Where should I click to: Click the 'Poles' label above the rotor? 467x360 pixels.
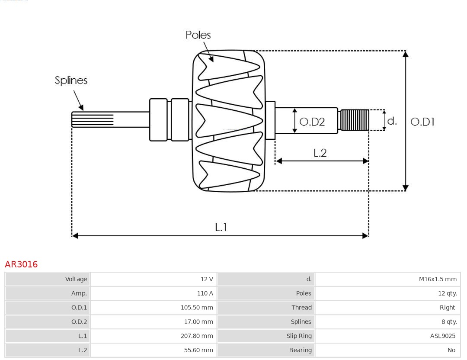(x=198, y=35)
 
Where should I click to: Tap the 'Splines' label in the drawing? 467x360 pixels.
(x=71, y=80)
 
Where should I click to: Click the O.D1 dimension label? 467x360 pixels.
(x=422, y=122)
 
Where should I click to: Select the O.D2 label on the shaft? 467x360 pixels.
(x=312, y=122)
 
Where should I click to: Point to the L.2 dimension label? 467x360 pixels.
(x=320, y=153)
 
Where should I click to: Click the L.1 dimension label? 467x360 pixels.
(x=221, y=227)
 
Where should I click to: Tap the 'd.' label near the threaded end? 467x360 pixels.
(x=392, y=121)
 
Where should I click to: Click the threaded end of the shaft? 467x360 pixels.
(x=354, y=120)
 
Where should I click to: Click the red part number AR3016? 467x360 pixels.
(x=21, y=264)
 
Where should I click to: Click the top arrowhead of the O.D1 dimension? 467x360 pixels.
(x=405, y=54)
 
